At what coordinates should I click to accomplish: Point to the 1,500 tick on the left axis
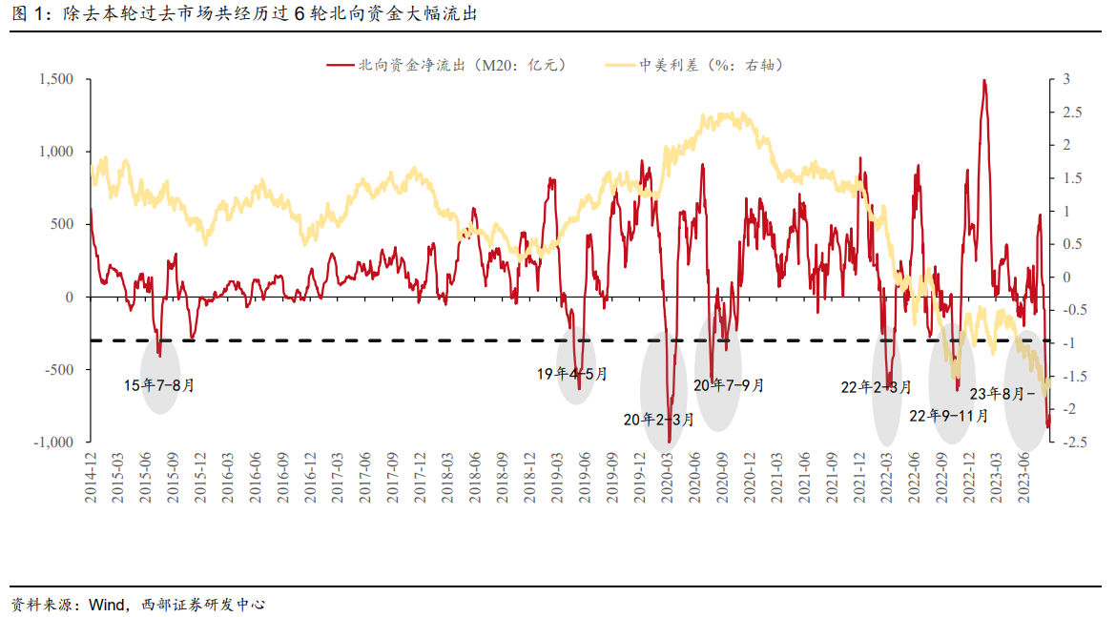point(56,79)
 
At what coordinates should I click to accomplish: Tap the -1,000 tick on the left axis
point(54,442)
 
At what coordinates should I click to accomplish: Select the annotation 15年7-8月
point(159,386)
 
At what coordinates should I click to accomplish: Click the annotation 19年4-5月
point(571,374)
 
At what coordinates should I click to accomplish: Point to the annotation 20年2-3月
point(659,419)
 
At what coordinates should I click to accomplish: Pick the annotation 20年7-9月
point(729,385)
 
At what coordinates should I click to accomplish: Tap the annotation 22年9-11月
point(948,416)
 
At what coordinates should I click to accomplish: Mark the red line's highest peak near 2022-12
point(983,81)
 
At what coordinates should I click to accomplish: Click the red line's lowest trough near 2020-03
point(670,442)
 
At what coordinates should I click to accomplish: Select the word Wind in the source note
point(105,605)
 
